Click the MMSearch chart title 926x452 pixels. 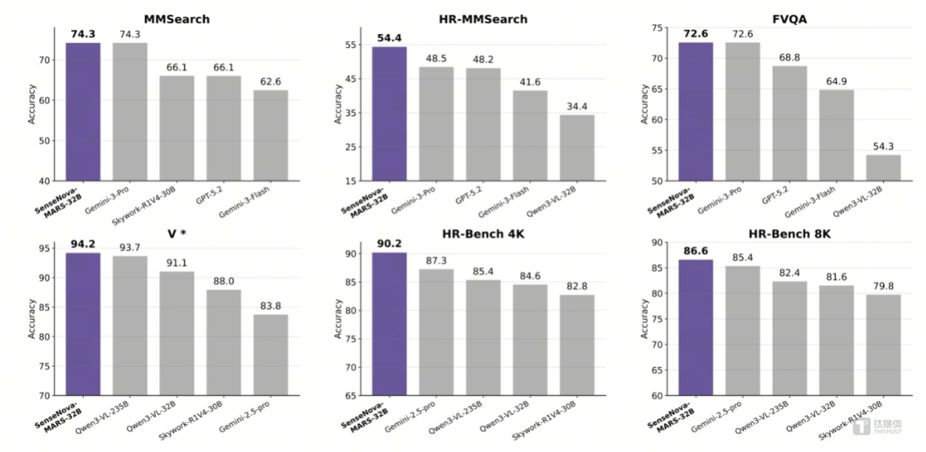tap(176, 19)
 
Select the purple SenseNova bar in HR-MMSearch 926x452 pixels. tap(389, 114)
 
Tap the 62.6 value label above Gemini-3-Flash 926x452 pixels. tap(270, 82)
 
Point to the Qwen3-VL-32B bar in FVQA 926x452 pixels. tap(883, 168)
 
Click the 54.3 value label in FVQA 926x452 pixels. tap(883, 146)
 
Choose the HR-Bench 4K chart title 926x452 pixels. tap(483, 234)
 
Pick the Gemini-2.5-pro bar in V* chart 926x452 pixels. tap(271, 355)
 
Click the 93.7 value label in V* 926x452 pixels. tap(130, 248)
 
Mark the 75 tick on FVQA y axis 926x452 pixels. tap(657, 28)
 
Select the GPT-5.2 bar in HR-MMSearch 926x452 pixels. tap(484, 125)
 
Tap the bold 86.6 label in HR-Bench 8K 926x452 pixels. tap(695, 251)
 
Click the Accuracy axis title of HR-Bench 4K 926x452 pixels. tap(338, 318)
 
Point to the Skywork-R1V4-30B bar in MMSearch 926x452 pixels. tap(177, 128)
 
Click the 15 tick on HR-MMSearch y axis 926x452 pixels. tap(350, 181)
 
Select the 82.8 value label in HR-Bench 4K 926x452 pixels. tap(577, 286)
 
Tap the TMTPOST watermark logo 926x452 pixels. tap(877, 426)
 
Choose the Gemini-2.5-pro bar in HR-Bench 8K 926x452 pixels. tap(743, 331)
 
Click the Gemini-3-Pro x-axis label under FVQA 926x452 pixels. tap(720, 200)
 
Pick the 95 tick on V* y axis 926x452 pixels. tap(44, 248)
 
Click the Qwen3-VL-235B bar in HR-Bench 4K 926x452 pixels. tap(484, 338)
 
